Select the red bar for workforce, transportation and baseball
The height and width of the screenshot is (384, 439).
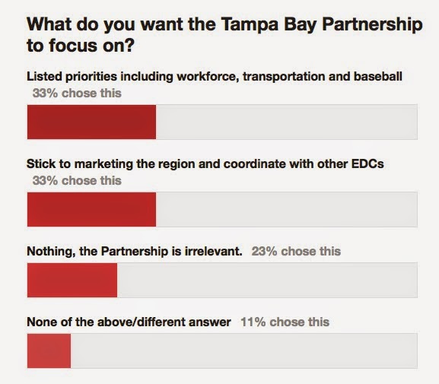(91, 122)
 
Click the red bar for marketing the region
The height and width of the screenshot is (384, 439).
(91, 209)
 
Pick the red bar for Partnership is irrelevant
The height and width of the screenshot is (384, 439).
(72, 280)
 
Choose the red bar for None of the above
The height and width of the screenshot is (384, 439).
(49, 351)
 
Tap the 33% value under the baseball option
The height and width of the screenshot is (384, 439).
(45, 94)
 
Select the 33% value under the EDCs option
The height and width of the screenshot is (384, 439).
(45, 180)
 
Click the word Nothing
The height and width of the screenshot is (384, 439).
(48, 251)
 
